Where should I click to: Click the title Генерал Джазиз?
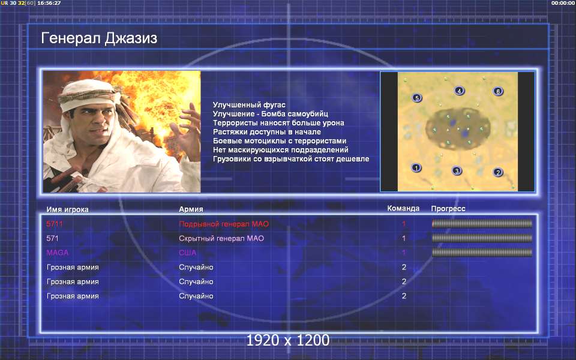click(99, 38)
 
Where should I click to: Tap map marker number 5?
click(416, 98)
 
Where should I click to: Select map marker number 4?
click(459, 91)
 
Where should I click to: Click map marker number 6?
click(498, 91)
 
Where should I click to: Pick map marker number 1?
click(416, 168)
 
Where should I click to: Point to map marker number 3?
click(457, 170)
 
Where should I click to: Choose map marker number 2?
click(498, 172)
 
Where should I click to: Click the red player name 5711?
click(55, 224)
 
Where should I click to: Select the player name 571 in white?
click(52, 238)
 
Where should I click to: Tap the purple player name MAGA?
click(58, 253)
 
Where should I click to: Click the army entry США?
click(187, 253)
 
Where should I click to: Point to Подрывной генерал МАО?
click(224, 224)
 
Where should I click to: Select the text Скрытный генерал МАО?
click(221, 238)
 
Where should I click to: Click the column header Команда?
click(403, 209)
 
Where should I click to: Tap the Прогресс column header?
click(448, 209)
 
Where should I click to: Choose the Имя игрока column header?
click(67, 209)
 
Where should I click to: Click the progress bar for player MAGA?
click(482, 253)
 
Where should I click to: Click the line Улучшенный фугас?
click(249, 105)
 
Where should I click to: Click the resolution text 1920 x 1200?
click(287, 340)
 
